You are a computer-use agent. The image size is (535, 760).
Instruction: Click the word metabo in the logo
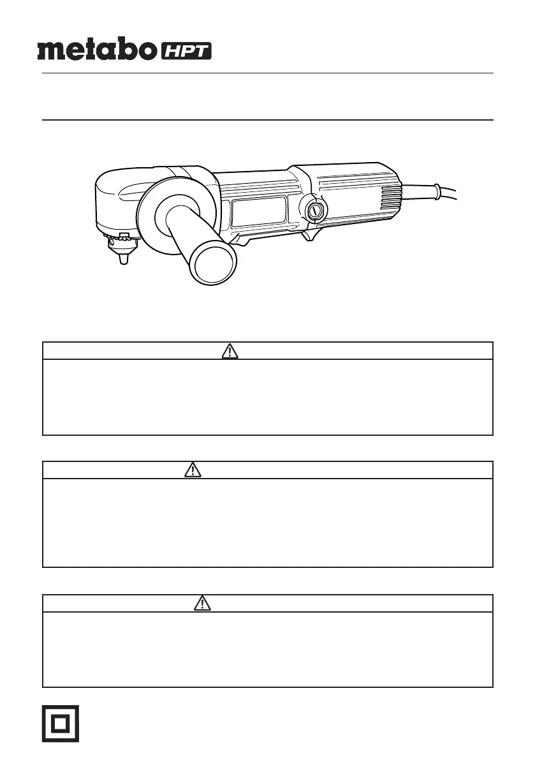coord(97,50)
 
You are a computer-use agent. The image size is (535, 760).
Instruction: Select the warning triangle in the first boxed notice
coord(230,351)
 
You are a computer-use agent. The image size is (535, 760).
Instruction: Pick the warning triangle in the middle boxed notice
coord(193,470)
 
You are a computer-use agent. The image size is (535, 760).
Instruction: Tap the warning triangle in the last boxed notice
coord(202,604)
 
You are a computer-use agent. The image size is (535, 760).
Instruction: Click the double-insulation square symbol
coord(61,724)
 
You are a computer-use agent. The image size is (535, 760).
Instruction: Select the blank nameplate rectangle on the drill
coord(259,212)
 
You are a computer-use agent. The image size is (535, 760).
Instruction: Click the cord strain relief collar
coord(437,191)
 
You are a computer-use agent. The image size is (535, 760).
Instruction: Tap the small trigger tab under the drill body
coord(311,236)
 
